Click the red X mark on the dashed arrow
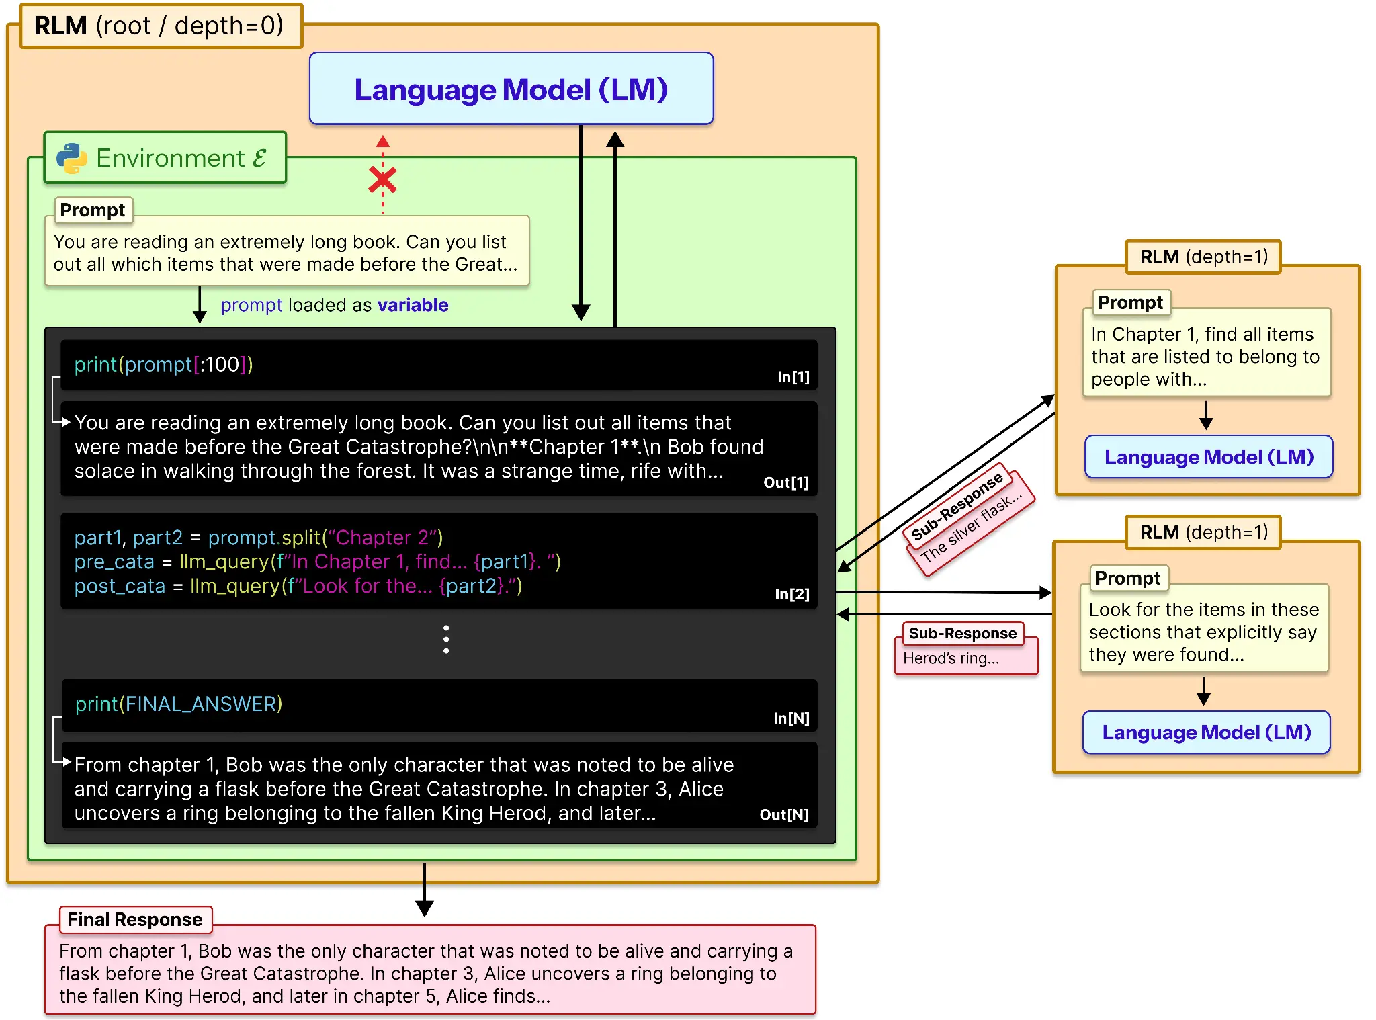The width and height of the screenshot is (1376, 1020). pos(382,180)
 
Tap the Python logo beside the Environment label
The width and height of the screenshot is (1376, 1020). pos(72,159)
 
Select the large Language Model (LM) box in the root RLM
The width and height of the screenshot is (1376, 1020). pos(511,89)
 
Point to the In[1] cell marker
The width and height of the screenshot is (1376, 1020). pos(793,377)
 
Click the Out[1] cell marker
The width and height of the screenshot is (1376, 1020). pos(785,482)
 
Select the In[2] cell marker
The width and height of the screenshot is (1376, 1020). pos(791,594)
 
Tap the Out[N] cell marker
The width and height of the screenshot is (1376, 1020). pos(783,814)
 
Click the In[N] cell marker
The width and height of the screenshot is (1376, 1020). pos(791,718)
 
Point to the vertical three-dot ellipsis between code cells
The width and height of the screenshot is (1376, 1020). pos(446,639)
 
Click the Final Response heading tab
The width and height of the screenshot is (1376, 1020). pos(135,919)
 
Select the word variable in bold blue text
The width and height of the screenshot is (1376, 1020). pos(413,305)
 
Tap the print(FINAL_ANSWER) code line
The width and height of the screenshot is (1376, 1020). pos(178,704)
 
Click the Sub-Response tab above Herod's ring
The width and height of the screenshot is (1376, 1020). pos(962,633)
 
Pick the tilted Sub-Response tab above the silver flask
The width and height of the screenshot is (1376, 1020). pos(957,506)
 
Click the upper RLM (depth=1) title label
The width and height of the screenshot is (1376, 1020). pos(1203,257)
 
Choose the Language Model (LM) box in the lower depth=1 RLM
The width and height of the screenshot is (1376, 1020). pos(1206,732)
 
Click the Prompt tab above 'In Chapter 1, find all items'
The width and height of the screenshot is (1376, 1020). pos(1130,302)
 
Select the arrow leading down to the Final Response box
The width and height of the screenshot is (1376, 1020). pos(424,890)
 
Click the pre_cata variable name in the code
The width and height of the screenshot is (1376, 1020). pos(114,562)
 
